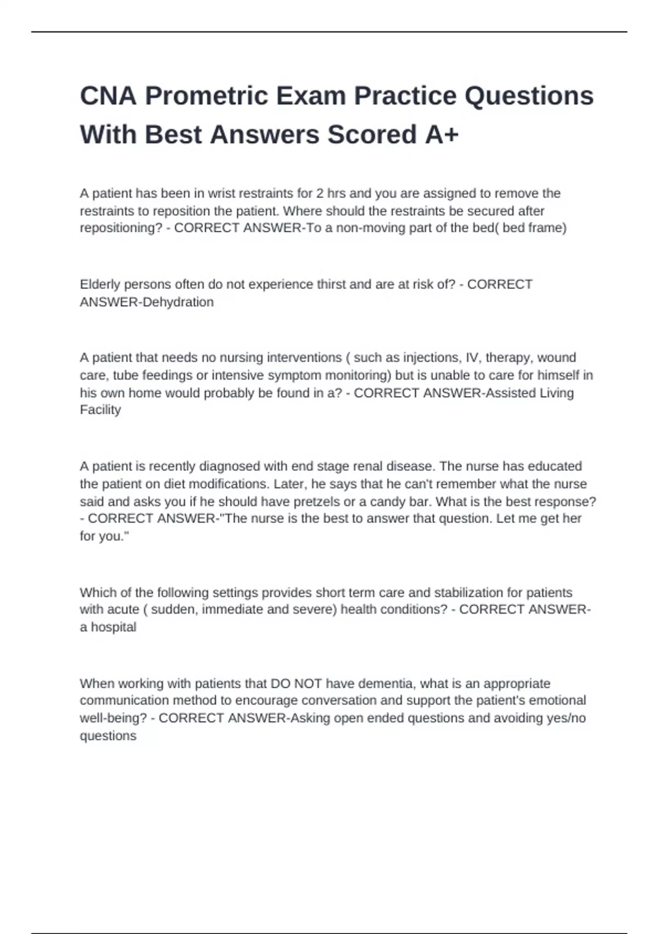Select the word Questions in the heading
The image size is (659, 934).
(x=529, y=96)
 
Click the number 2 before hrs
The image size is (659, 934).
(x=320, y=193)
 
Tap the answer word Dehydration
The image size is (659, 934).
(x=178, y=302)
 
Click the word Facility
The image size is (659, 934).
(x=100, y=410)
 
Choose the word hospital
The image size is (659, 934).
(x=113, y=627)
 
